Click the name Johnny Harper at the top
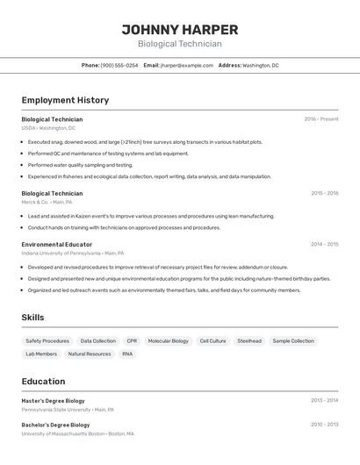click(179, 29)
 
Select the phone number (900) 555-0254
click(119, 65)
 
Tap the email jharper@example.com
click(187, 65)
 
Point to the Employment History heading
click(65, 100)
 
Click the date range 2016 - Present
click(321, 119)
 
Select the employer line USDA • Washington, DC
click(48, 128)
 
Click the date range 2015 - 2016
click(324, 193)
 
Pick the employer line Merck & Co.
click(47, 202)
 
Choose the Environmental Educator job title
click(57, 244)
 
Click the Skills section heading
click(32, 318)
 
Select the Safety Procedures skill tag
click(47, 340)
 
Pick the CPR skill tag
click(132, 340)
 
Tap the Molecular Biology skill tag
click(168, 340)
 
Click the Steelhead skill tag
click(248, 340)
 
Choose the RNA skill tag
click(127, 354)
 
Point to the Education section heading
click(43, 382)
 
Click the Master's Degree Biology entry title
click(54, 400)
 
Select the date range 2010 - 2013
click(324, 425)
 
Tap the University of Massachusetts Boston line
click(77, 433)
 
